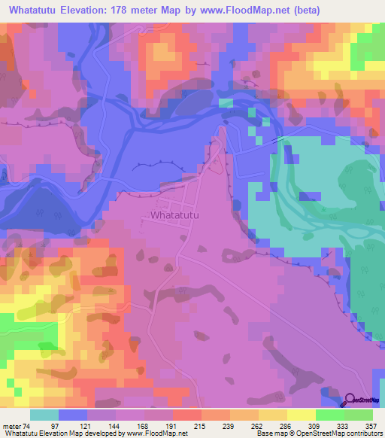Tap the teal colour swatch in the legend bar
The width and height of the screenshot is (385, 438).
pyautogui.click(x=44, y=415)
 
